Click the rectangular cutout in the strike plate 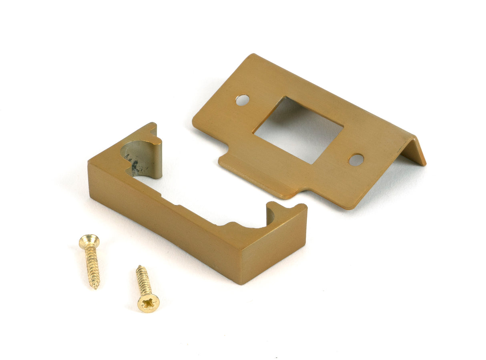[x=298, y=129]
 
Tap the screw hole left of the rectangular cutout [x=242, y=100]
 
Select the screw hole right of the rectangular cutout [x=356, y=160]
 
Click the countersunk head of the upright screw [x=89, y=241]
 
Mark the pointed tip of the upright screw [x=96, y=287]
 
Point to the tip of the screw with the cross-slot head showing [x=139, y=267]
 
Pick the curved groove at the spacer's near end [x=271, y=214]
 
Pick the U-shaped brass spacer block [x=192, y=212]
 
